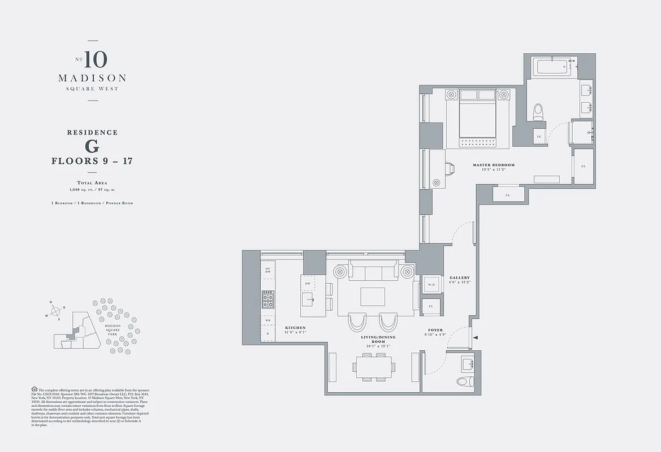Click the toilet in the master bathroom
pos(538,111)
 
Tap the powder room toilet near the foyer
pos(464,381)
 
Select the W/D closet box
pos(431,285)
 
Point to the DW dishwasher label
pos(308,283)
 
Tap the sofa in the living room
pos(373,272)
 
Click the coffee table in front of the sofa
pos(373,297)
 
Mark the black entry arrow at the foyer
pos(475,338)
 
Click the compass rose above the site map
pos(55,311)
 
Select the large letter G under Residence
pos(92,146)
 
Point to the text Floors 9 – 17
pos(92,161)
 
